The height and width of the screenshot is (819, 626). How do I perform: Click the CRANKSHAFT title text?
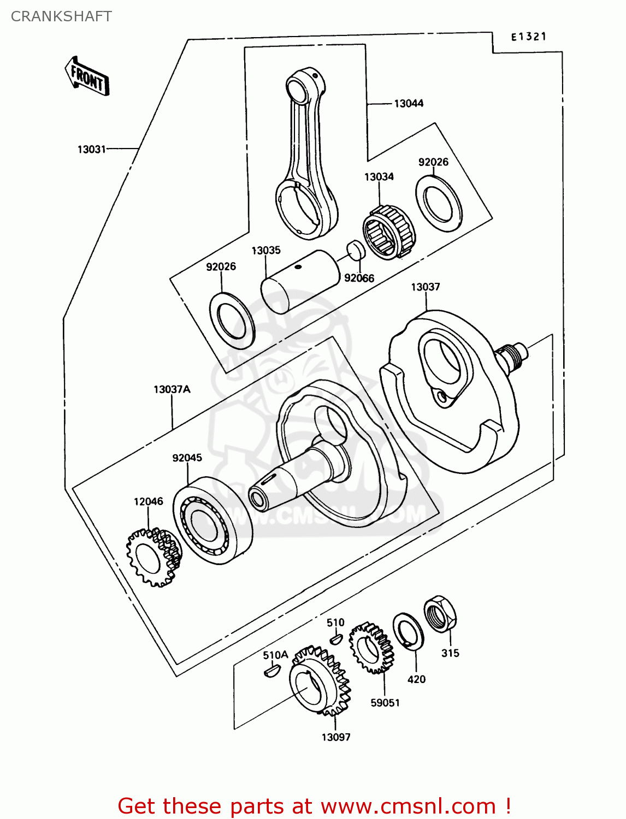click(x=61, y=16)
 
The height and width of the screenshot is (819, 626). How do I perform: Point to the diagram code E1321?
click(x=528, y=37)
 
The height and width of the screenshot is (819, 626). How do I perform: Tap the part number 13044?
click(x=409, y=103)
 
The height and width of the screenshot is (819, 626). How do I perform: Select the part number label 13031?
click(x=91, y=149)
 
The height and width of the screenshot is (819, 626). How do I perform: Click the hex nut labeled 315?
click(x=440, y=614)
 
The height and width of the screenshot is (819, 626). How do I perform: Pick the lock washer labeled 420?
click(x=409, y=631)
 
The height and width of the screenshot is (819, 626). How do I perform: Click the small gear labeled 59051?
click(x=371, y=648)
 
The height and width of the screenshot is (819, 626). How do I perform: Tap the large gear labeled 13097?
click(x=319, y=682)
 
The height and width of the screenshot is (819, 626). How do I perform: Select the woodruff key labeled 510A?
click(x=270, y=670)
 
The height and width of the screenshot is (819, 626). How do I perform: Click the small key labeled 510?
click(x=336, y=637)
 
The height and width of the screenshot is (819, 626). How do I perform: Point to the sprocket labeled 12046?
click(x=153, y=557)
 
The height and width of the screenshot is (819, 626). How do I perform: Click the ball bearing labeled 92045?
click(x=212, y=520)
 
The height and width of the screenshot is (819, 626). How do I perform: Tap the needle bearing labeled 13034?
click(x=389, y=232)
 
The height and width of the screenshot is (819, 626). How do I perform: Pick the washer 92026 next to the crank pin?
click(x=232, y=321)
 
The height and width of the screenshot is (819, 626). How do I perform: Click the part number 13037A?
click(x=172, y=389)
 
